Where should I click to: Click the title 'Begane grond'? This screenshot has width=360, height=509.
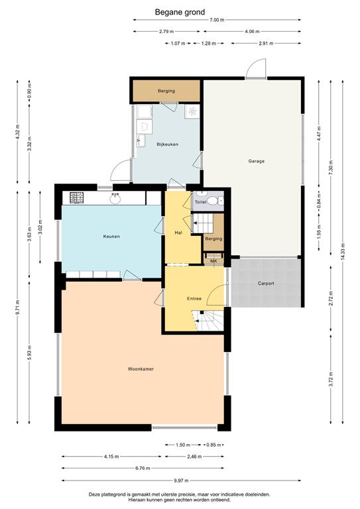[180, 11]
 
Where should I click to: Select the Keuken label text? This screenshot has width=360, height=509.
[111, 236]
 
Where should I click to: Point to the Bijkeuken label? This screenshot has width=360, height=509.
[167, 144]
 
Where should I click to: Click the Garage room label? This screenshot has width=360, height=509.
[257, 161]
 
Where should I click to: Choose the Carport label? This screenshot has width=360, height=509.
[266, 283]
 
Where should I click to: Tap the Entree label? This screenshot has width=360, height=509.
[194, 298]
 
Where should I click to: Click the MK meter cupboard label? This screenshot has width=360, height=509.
[213, 261]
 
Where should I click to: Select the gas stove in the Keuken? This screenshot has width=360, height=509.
[76, 198]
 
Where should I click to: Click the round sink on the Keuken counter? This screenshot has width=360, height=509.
[116, 197]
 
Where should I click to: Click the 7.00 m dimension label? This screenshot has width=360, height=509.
[216, 21]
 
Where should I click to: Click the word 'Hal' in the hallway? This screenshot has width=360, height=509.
[178, 233]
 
